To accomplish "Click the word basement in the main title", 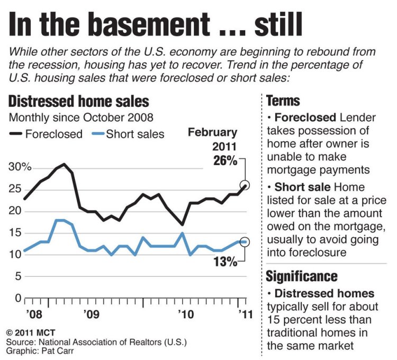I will (150, 24).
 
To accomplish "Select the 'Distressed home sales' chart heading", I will (78, 101).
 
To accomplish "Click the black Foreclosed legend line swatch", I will (16, 134).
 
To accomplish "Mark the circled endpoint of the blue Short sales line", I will (245, 241).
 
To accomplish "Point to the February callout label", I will (213, 132).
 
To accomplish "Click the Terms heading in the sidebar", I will (283, 101).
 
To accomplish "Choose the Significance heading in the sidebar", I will (301, 276).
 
